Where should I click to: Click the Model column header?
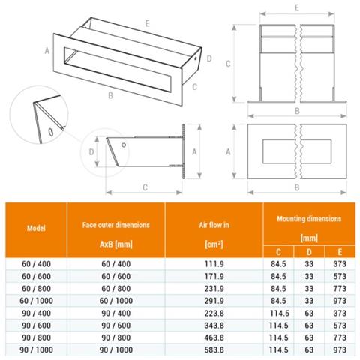(36, 228)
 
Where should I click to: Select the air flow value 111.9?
(214, 264)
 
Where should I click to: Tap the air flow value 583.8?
(214, 349)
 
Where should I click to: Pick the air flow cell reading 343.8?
(214, 325)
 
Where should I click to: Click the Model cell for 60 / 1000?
(36, 301)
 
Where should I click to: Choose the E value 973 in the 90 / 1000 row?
(340, 349)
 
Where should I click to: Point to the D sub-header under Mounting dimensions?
(309, 252)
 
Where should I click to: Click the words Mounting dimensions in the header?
(309, 219)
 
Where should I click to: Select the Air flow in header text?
(214, 225)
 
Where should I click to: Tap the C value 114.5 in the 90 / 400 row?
(279, 313)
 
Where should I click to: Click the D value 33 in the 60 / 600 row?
(309, 276)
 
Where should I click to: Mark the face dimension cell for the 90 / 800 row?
(116, 337)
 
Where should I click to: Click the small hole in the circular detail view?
(51, 132)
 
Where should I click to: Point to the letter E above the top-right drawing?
(297, 7)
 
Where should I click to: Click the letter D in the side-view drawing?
(91, 151)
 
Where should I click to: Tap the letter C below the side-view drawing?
(145, 187)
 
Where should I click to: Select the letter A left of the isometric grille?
(47, 51)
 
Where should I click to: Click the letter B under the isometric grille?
(110, 95)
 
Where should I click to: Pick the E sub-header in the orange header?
(340, 252)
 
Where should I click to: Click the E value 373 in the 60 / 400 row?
(340, 264)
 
